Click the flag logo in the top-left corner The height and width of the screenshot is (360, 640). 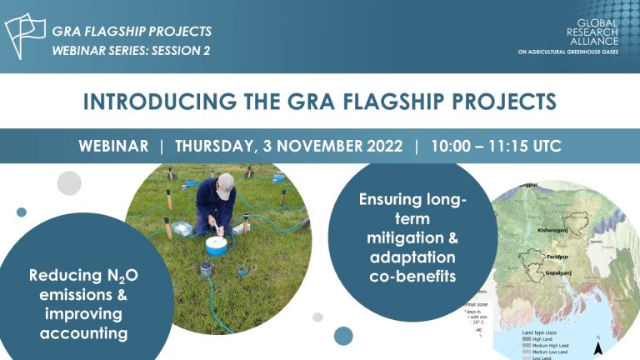26,36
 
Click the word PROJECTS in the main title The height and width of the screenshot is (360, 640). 500,102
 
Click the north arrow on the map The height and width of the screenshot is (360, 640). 597,346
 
